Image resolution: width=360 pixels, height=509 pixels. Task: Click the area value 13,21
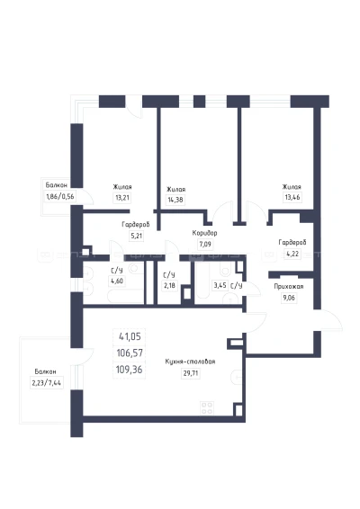(122, 197)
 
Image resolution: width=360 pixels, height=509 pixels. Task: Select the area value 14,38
(175, 200)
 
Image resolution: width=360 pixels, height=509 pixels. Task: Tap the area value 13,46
(292, 197)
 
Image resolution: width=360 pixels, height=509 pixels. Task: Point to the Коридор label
(204, 233)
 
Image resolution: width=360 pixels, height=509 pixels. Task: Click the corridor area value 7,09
(205, 244)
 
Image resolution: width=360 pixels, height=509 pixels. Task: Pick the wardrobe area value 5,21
(137, 236)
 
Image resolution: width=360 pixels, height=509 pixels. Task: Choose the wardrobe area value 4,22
(292, 254)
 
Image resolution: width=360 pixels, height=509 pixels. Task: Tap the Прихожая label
(289, 287)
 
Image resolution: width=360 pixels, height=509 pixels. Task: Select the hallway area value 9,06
(289, 298)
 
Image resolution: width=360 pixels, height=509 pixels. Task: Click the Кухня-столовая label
(190, 362)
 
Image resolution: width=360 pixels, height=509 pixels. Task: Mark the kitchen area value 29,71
(191, 373)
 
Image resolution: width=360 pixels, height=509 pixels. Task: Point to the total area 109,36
(129, 370)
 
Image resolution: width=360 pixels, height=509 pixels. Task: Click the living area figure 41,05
(130, 336)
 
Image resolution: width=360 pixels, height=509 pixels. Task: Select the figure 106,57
(130, 353)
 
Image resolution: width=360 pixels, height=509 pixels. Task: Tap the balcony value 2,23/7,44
(47, 383)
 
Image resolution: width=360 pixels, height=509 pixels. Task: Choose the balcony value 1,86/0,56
(60, 196)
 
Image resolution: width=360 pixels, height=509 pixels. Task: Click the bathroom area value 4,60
(117, 281)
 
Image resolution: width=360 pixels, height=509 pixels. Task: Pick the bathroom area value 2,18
(169, 286)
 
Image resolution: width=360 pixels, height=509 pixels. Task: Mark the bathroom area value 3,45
(220, 286)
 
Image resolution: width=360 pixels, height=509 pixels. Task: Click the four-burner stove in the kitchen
(207, 408)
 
